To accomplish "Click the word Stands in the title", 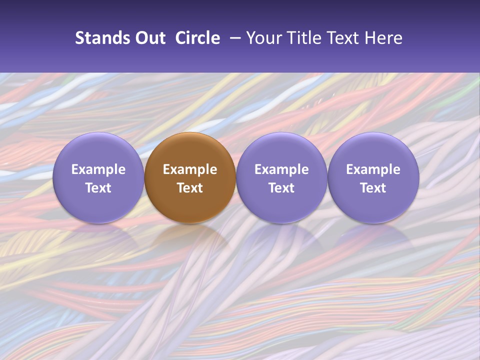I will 101,38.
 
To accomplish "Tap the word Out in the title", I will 149,38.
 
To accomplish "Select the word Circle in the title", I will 197,38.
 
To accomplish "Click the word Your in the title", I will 263,38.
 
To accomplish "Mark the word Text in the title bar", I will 341,38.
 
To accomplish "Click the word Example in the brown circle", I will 190,169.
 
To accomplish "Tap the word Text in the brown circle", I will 190,188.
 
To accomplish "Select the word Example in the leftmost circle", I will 98,169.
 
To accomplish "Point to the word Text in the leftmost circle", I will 98,188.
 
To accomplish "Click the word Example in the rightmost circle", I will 373,169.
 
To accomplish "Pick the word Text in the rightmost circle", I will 373,188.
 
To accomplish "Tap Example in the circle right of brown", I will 281,169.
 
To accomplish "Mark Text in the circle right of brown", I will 281,188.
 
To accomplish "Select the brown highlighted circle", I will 190,150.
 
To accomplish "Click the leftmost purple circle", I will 98,150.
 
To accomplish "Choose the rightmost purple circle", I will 373,150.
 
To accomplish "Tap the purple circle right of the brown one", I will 281,150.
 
